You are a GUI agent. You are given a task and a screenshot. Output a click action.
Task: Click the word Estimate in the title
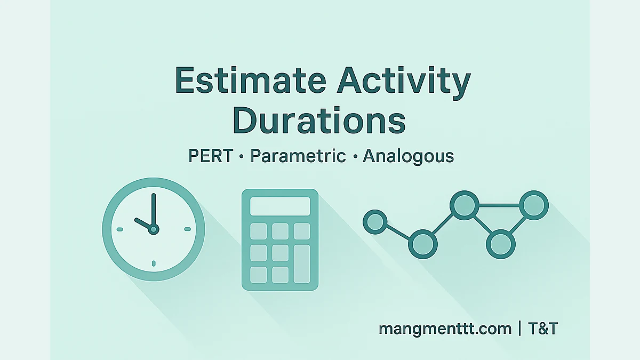pyautogui.click(x=251, y=81)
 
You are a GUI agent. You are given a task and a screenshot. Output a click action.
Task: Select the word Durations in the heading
pyautogui.click(x=319, y=121)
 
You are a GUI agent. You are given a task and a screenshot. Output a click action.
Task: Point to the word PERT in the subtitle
pyautogui.click(x=211, y=156)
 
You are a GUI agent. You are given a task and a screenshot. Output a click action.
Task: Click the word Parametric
pyautogui.click(x=298, y=156)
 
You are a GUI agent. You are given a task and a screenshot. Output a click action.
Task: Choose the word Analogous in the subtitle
pyautogui.click(x=409, y=157)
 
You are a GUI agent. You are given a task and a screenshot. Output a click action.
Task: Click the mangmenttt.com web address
pyautogui.click(x=445, y=329)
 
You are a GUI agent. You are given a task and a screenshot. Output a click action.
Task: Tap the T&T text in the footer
pyautogui.click(x=543, y=329)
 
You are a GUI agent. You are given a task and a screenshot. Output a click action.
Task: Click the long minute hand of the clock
pyautogui.click(x=154, y=210)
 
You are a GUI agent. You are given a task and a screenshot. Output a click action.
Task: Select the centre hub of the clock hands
pyautogui.click(x=154, y=229)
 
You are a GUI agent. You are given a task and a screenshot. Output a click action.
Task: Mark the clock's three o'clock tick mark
pyautogui.click(x=187, y=229)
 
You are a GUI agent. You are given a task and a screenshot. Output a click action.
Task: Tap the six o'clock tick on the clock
pyautogui.click(x=154, y=263)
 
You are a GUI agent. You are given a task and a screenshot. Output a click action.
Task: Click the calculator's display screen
pyautogui.click(x=280, y=206)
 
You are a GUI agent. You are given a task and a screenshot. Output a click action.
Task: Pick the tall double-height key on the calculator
pyautogui.click(x=302, y=263)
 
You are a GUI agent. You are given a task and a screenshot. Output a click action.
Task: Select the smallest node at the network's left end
pyautogui.click(x=375, y=222)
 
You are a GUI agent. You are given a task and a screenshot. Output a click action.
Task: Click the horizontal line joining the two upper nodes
pyautogui.click(x=499, y=205)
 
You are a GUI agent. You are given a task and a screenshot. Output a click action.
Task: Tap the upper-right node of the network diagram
pyautogui.click(x=534, y=205)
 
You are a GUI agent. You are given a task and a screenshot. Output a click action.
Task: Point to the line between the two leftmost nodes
pyautogui.click(x=398, y=233)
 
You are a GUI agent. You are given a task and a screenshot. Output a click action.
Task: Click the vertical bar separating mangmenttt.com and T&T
pyautogui.click(x=519, y=329)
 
